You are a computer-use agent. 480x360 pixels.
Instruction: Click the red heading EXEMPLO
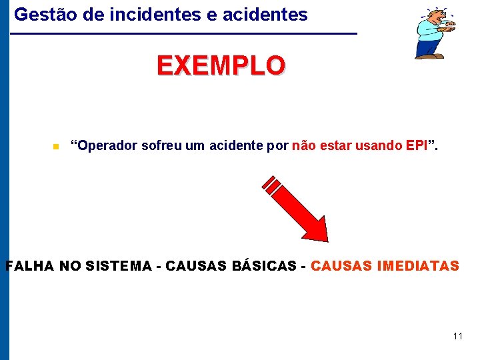(x=221, y=66)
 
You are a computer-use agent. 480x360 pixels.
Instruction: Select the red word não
(x=304, y=145)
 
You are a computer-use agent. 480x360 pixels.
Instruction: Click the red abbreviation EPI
(x=415, y=145)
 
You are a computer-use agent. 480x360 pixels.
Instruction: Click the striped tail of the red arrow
(x=271, y=183)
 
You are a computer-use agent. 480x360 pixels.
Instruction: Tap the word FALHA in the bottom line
(x=30, y=266)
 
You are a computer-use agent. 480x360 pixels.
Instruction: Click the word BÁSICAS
(x=264, y=266)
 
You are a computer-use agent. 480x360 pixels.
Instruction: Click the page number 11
(x=457, y=336)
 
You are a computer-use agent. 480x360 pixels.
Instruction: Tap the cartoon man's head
(x=437, y=16)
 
